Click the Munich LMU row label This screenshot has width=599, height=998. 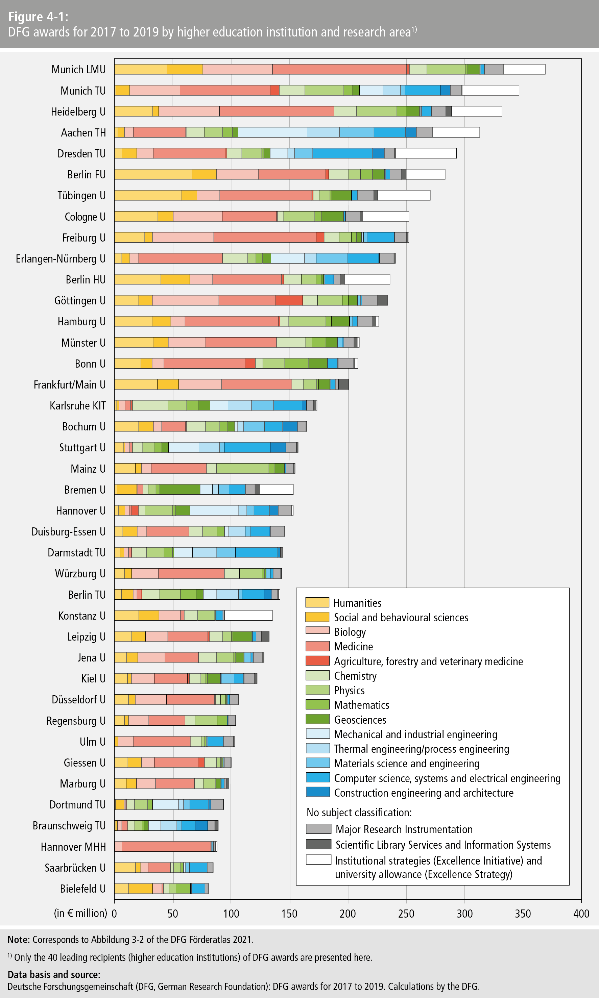coord(78,69)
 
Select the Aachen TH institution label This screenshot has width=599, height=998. coord(83,133)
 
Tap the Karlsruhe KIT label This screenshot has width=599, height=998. coord(77,406)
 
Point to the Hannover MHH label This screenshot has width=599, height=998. coord(73,847)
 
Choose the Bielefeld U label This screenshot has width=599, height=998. coord(83,889)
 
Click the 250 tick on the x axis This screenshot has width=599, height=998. coord(406,914)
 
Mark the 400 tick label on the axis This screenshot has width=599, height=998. coord(581,914)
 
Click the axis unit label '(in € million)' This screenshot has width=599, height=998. coord(80,913)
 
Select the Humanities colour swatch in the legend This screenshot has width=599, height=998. coord(317,603)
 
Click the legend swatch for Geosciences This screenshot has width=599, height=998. coord(318,719)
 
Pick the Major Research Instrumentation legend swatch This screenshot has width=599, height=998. coord(318,829)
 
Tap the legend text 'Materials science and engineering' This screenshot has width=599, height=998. coord(406,763)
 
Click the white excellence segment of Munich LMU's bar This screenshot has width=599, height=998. coord(524,69)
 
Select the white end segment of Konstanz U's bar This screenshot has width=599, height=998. coord(248,616)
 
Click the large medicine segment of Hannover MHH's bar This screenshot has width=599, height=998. coord(166,847)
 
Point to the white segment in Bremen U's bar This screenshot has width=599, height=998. coord(277,489)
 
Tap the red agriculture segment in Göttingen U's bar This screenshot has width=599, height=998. coord(289,301)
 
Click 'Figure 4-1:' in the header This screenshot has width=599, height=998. coord(38,17)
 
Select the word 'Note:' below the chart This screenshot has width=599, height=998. coord(19,940)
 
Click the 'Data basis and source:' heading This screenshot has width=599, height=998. coord(54,975)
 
